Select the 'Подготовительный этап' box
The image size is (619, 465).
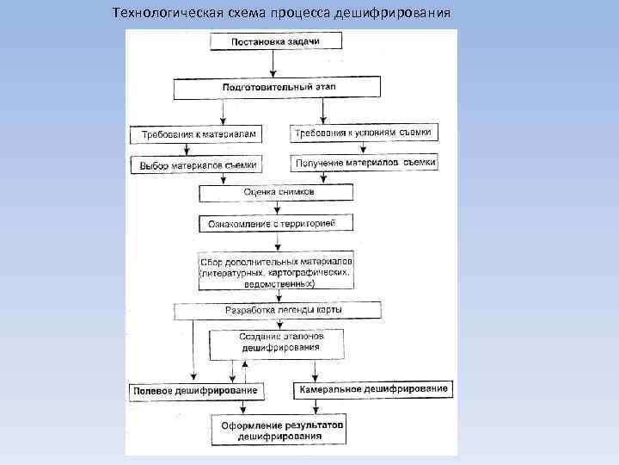[x=277, y=87]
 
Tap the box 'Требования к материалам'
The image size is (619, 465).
[x=198, y=134]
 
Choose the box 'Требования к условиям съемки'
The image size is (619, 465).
[x=365, y=133]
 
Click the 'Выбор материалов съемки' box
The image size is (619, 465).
[x=198, y=163]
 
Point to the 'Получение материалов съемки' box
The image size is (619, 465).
[x=365, y=162]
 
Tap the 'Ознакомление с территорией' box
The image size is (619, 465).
[x=277, y=223]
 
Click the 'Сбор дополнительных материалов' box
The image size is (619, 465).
[x=277, y=271]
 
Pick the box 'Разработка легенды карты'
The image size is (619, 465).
[x=277, y=309]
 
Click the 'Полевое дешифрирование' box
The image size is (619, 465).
[x=195, y=391]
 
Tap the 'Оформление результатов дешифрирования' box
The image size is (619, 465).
[x=281, y=431]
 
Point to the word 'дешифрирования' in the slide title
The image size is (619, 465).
[x=406, y=15]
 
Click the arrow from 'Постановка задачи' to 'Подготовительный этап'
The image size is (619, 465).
[x=273, y=64]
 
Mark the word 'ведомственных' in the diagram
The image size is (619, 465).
[x=277, y=283]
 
